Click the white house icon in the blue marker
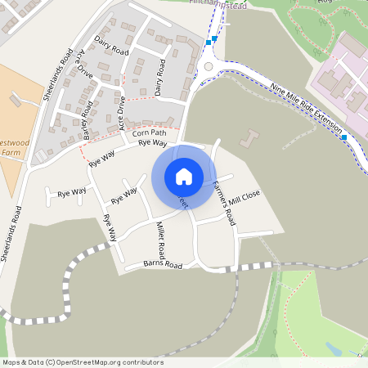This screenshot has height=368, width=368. click(x=184, y=176)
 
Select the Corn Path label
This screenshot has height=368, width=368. click(x=148, y=132)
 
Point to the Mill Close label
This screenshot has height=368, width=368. click(x=245, y=197)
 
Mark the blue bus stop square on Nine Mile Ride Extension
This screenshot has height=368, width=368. click(x=345, y=137)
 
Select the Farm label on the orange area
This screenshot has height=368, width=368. click(x=11, y=152)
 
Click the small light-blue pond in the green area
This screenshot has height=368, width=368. click(x=334, y=349)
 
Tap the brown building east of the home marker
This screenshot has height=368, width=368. click(x=250, y=140)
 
